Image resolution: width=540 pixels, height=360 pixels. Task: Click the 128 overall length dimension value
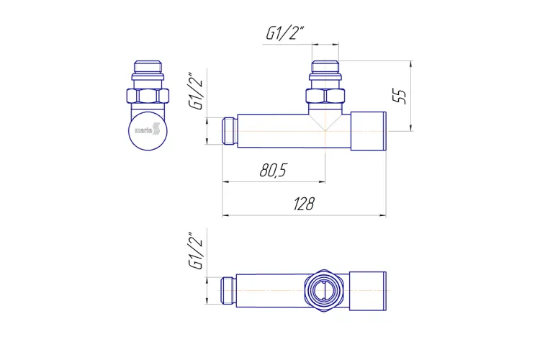coord(304,204)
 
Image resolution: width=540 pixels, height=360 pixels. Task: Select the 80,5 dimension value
coord(273,170)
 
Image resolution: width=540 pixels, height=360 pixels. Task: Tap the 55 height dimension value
coord(400,96)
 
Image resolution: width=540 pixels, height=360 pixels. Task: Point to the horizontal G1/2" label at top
coord(285,33)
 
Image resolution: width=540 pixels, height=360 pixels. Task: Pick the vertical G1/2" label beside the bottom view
coord(196,250)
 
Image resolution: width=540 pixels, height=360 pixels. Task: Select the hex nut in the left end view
coord(148,96)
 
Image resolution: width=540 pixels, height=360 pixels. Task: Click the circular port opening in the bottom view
coord(324,290)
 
